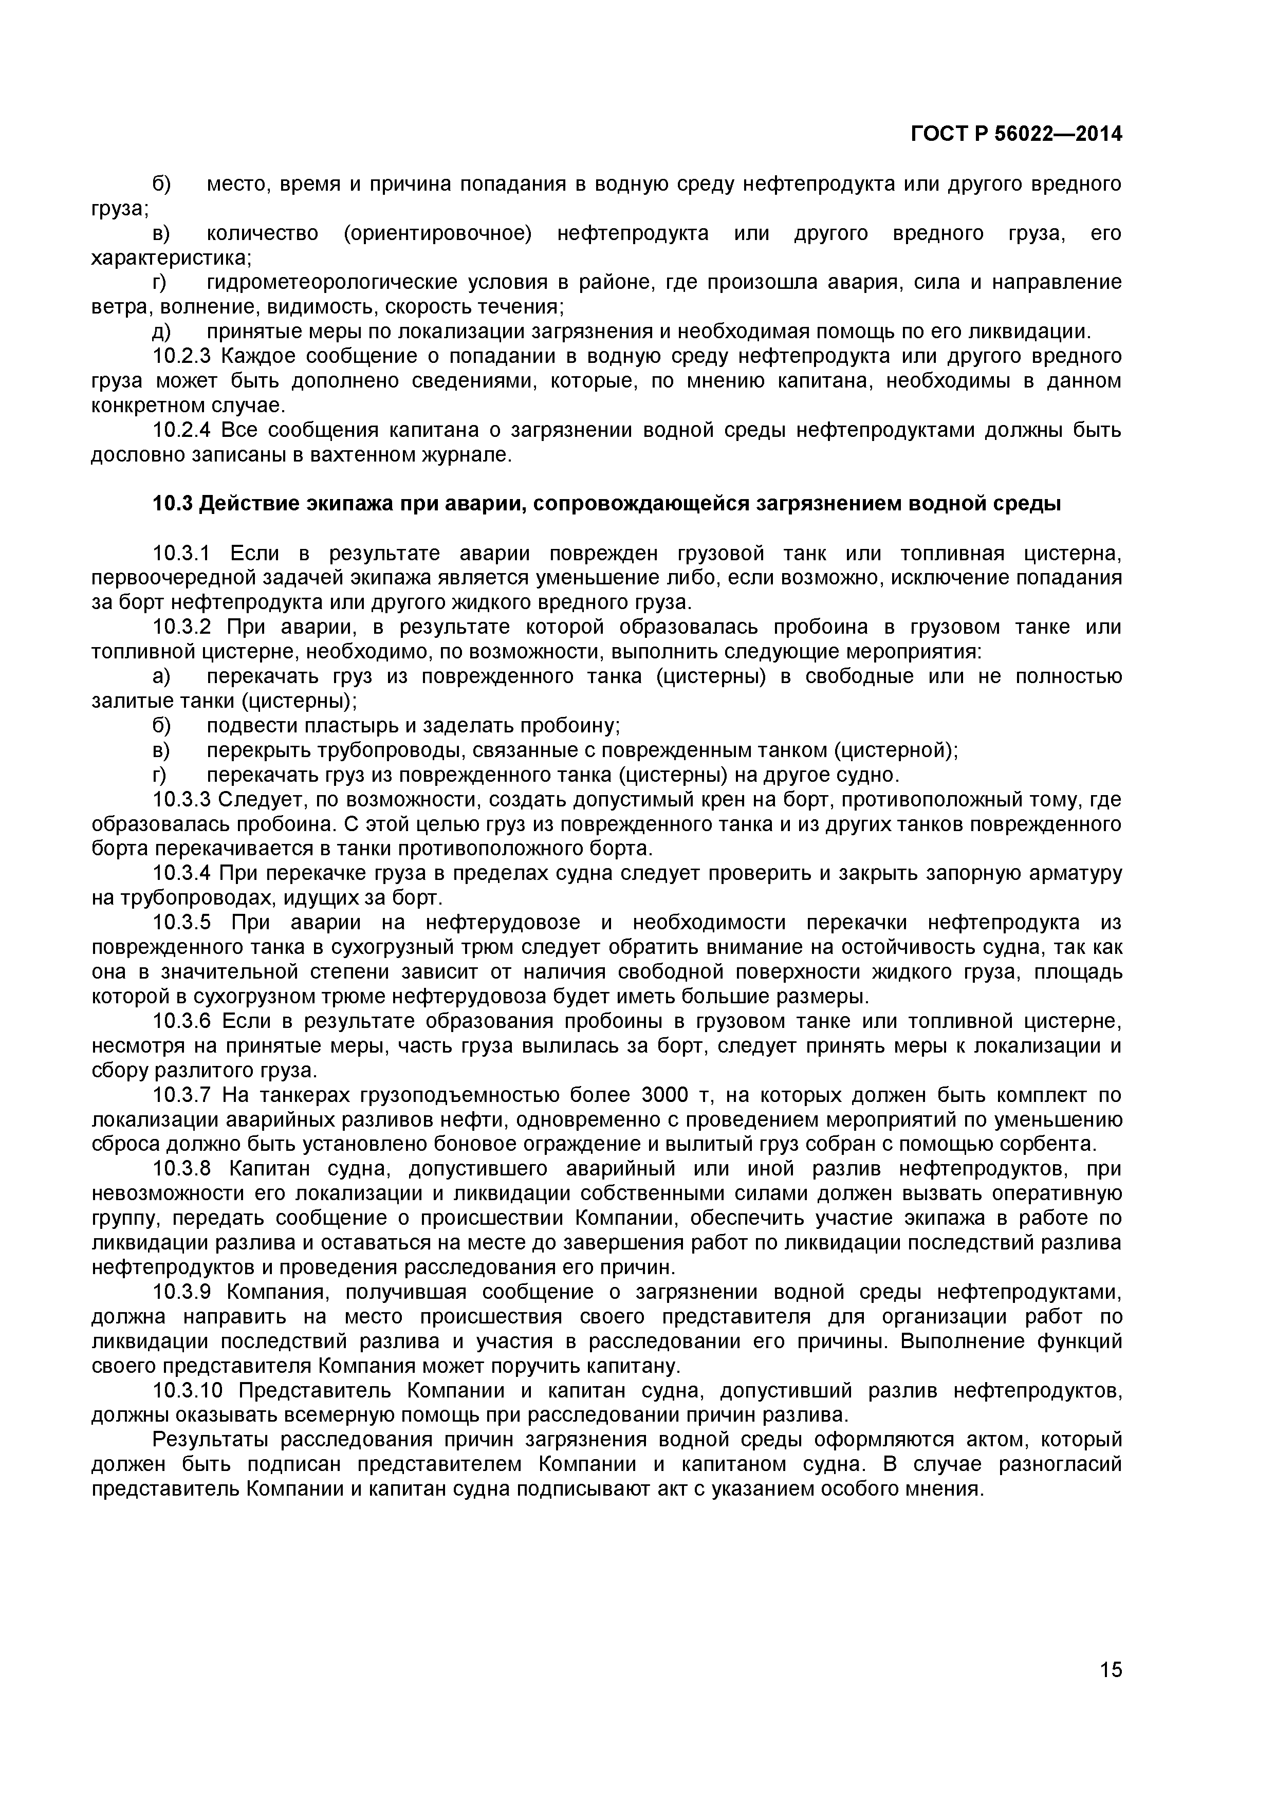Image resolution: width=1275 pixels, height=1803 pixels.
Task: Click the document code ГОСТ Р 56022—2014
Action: click(x=1016, y=134)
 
